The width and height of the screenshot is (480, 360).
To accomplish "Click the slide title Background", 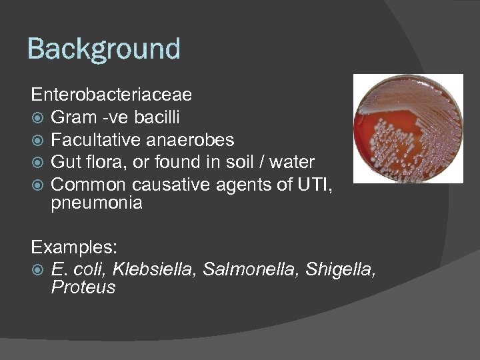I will (x=103, y=49).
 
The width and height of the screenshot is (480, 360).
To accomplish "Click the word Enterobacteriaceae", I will (x=111, y=95).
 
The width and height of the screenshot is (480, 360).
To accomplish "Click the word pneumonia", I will (x=96, y=203).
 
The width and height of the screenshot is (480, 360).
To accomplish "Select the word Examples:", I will (x=74, y=247).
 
